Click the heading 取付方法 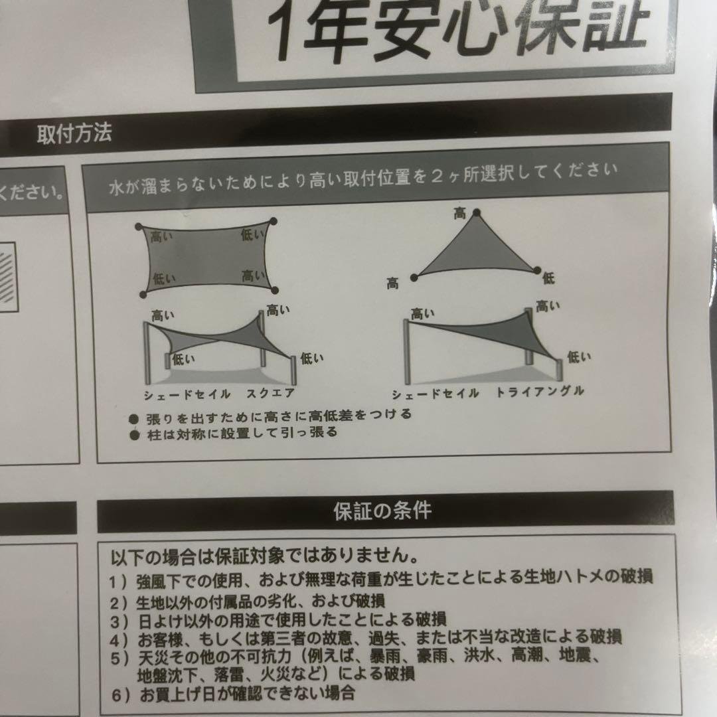(74, 133)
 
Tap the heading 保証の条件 (382, 511)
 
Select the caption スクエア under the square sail (270, 394)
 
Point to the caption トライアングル (540, 392)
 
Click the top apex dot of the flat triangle (477, 212)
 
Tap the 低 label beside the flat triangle (548, 278)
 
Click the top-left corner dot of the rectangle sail (139, 227)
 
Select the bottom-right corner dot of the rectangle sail (274, 290)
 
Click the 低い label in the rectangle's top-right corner (253, 235)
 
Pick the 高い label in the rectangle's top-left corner (162, 237)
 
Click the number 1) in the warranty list (118, 582)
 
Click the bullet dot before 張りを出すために (133, 420)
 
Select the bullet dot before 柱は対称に (134, 435)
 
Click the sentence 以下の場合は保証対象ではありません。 (265, 556)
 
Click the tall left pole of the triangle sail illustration (406, 352)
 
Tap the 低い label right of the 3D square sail (312, 358)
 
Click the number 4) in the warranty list (119, 640)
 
